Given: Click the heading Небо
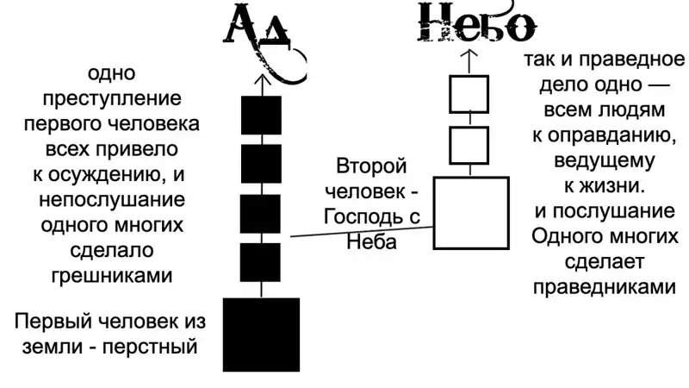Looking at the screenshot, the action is pyautogui.click(x=477, y=23).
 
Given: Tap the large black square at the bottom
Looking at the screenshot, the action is pyautogui.click(x=262, y=335).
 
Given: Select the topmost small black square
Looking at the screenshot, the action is pyautogui.click(x=262, y=116).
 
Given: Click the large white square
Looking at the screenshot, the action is pyautogui.click(x=471, y=213).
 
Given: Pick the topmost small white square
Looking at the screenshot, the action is pyautogui.click(x=469, y=94).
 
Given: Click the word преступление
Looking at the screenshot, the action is pyautogui.click(x=112, y=99).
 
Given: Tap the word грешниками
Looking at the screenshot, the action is pyautogui.click(x=112, y=276).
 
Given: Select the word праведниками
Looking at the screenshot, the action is pyautogui.click(x=605, y=287).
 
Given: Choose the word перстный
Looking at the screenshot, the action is pyautogui.click(x=150, y=347).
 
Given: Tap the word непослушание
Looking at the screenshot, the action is pyautogui.click(x=112, y=200).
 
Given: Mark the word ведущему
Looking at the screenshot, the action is pyautogui.click(x=605, y=161).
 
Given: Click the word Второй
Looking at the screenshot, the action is pyautogui.click(x=371, y=166).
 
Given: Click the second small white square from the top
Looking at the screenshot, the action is pyautogui.click(x=469, y=145).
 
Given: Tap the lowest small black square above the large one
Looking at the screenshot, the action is pyautogui.click(x=260, y=262).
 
